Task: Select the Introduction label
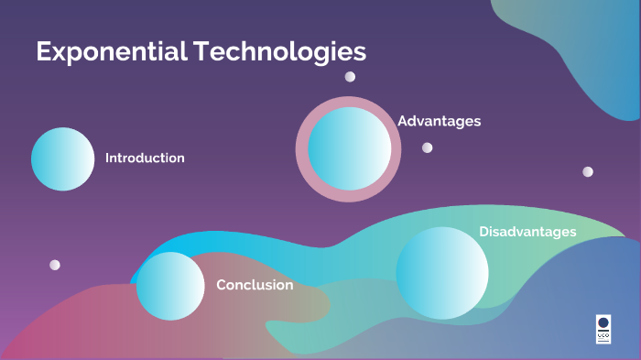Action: (x=145, y=158)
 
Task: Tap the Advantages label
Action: (x=440, y=121)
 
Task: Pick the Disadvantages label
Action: (x=527, y=232)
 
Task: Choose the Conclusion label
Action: (x=255, y=285)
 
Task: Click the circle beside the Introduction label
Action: (x=62, y=158)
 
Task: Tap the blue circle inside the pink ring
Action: (x=348, y=148)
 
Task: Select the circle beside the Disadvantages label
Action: (x=442, y=273)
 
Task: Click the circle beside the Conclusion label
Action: (x=170, y=286)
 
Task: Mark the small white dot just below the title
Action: (x=350, y=77)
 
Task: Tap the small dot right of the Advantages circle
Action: (x=427, y=147)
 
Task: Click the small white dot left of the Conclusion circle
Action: (x=55, y=265)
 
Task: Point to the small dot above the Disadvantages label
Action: (x=588, y=171)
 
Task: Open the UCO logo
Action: (x=603, y=329)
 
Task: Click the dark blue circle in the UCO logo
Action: (x=603, y=322)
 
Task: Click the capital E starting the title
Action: (x=43, y=51)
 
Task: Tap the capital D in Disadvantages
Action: (x=484, y=232)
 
